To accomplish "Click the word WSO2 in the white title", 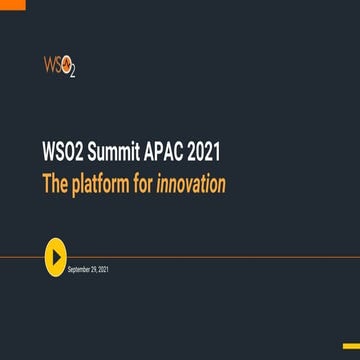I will [85, 155].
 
